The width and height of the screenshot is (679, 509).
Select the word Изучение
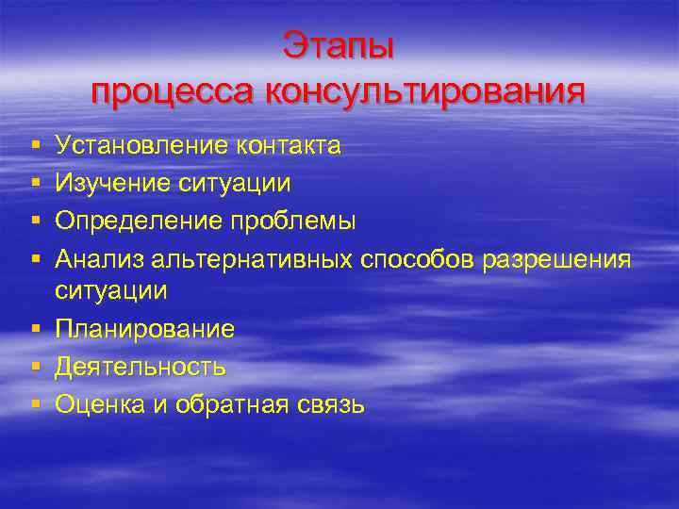pos(113,183)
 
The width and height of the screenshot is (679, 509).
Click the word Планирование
pos(144,329)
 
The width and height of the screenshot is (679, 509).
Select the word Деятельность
pos(140,366)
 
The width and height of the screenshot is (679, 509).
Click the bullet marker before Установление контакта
pos(34,146)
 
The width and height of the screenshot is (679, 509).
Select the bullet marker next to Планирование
pos(34,330)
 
